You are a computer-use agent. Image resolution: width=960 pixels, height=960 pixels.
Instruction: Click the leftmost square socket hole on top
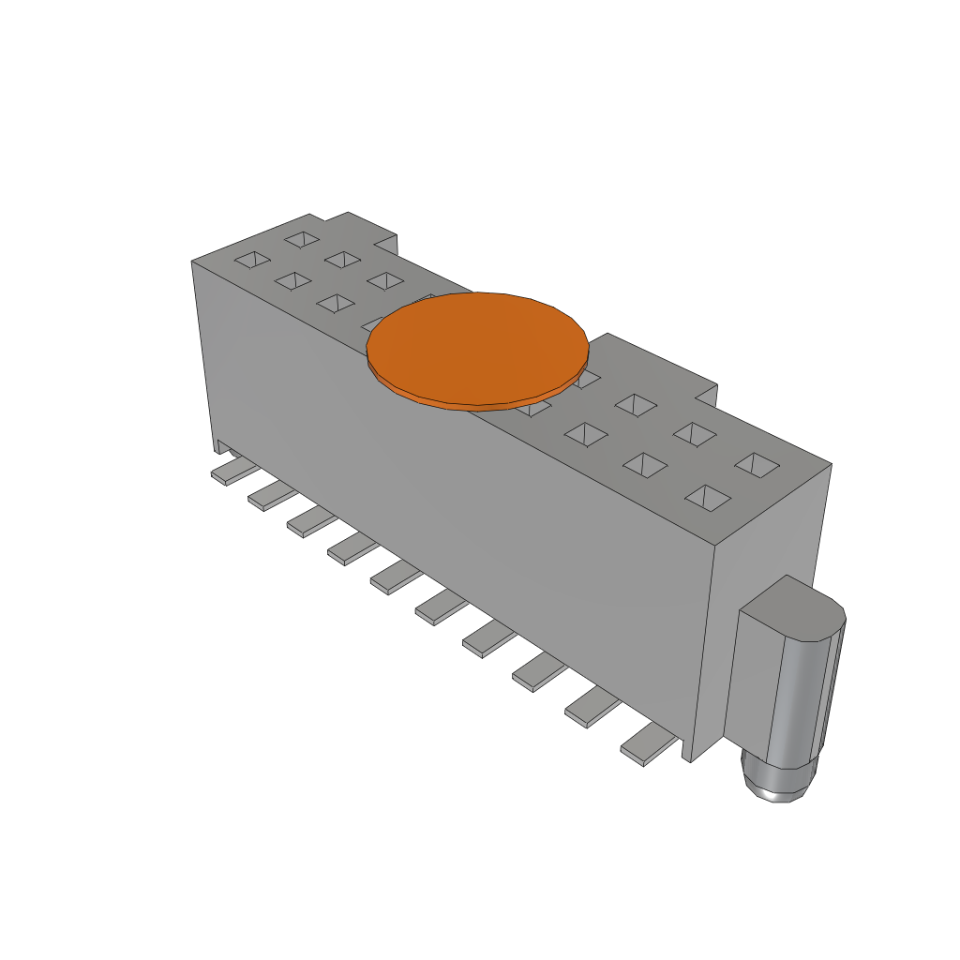(250, 260)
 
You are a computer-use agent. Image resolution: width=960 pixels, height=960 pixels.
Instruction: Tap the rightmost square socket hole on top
(757, 463)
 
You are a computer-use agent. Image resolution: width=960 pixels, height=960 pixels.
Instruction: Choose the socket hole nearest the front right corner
(709, 498)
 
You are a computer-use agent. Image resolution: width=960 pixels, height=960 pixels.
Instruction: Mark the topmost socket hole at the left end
(302, 239)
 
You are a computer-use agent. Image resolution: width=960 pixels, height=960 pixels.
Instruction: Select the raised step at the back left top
(361, 230)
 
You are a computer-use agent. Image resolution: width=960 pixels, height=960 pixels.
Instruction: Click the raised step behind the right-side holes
(656, 361)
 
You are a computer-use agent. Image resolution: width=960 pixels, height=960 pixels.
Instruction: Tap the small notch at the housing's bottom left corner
(221, 444)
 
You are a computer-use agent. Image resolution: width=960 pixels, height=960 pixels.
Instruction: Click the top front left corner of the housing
(192, 262)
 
